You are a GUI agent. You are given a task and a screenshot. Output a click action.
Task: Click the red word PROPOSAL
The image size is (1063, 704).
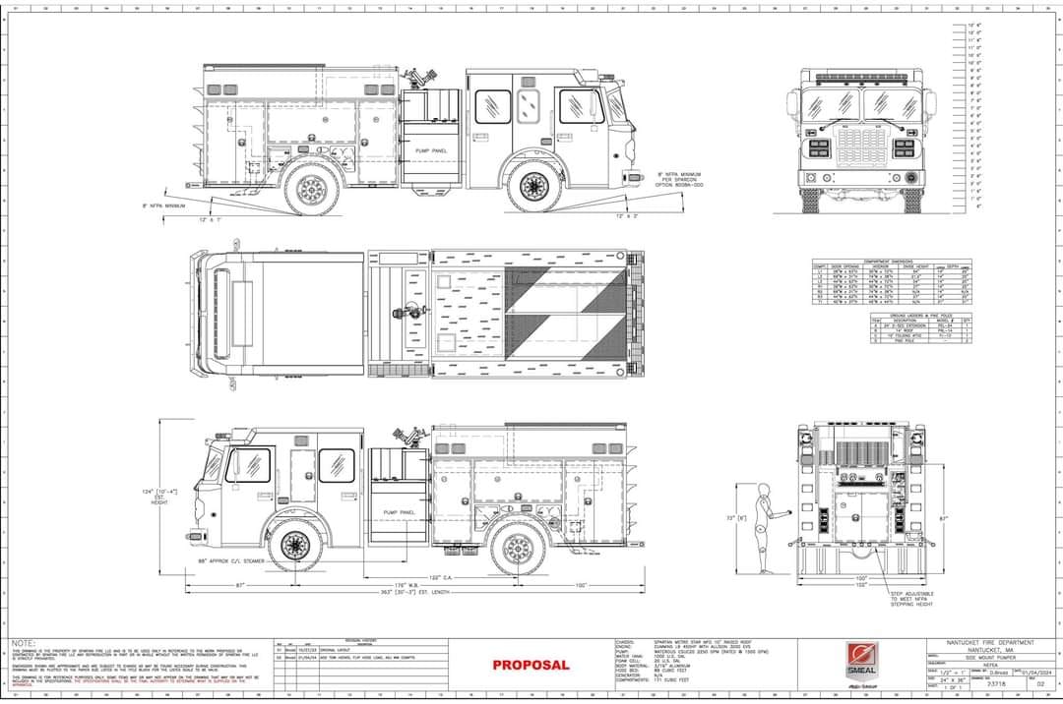(x=531, y=665)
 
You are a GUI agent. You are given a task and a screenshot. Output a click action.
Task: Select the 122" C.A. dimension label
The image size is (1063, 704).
(x=440, y=576)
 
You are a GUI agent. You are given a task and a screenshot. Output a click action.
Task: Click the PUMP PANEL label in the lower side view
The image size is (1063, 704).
(x=399, y=512)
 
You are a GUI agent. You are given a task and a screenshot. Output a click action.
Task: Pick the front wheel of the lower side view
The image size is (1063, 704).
(x=295, y=546)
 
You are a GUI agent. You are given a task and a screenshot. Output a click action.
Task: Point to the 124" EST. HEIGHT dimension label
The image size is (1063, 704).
(x=157, y=496)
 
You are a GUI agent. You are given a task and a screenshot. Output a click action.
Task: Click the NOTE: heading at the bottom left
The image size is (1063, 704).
(x=25, y=643)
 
